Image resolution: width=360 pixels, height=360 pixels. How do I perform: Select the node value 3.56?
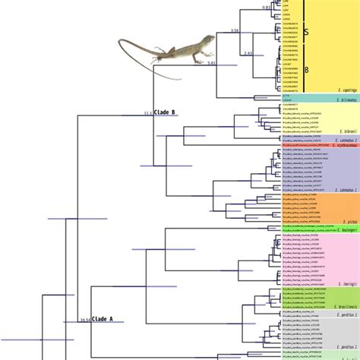tap(235, 30)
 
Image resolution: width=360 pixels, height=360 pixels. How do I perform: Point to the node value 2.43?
tap(249, 53)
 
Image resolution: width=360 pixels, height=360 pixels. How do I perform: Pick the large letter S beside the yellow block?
tap(305, 33)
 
